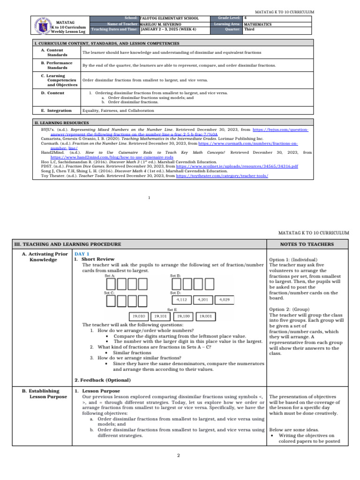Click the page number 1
[149, 197]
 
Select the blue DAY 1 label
[82, 254]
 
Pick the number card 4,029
[222, 299]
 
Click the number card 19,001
[206, 316]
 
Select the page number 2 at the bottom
[179, 455]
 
